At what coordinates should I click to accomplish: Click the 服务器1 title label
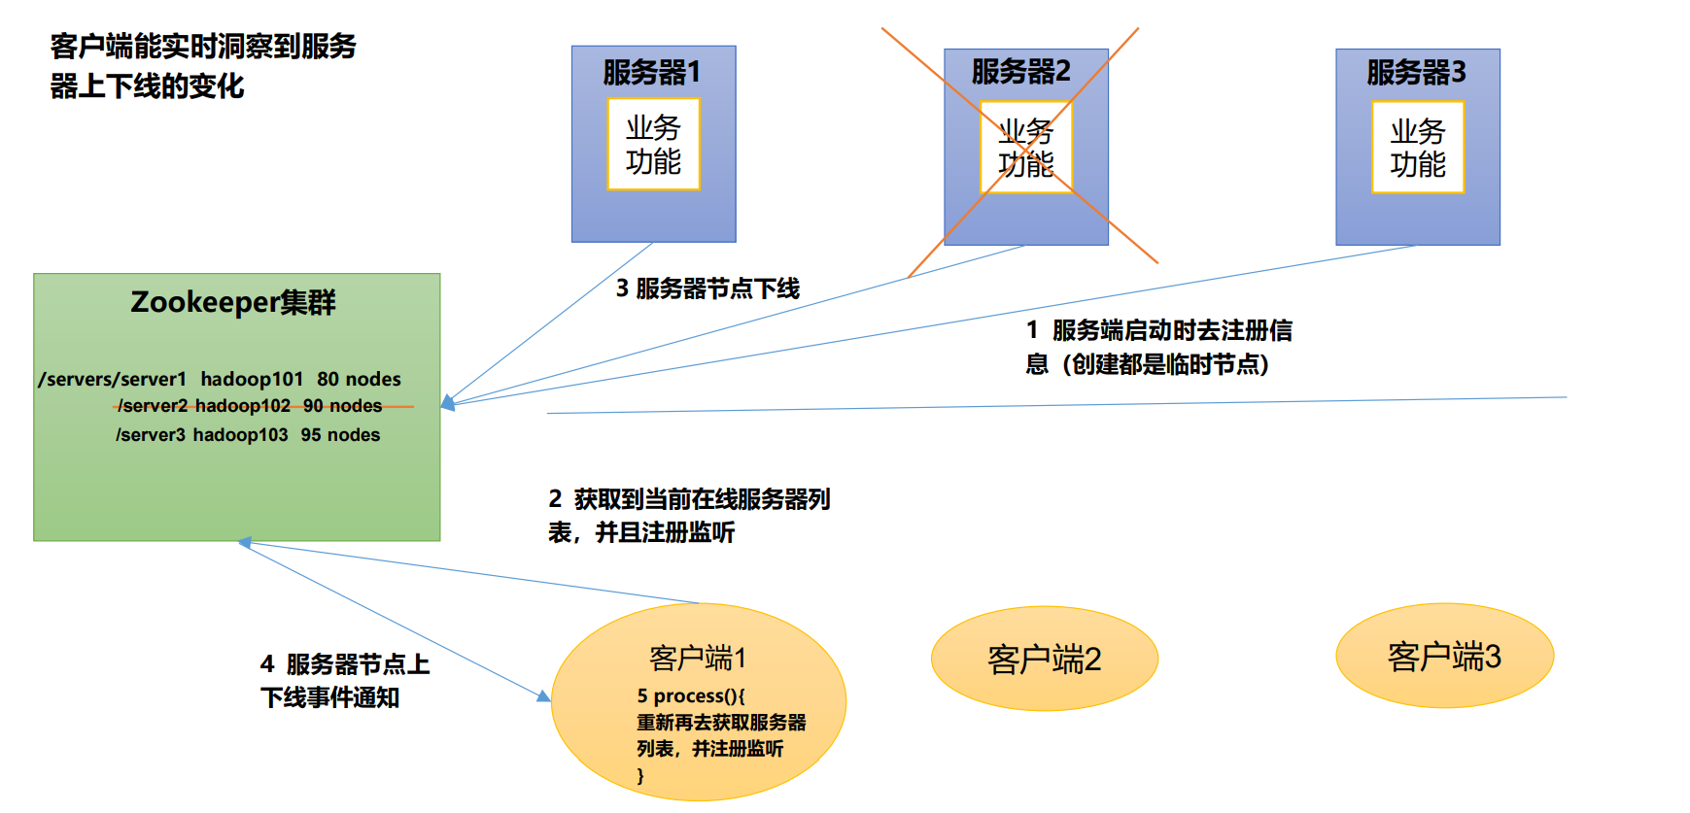tap(651, 72)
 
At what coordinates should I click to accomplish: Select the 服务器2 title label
tap(1020, 71)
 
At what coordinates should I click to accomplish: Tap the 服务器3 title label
tap(1416, 72)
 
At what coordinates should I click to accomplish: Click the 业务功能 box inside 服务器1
tap(653, 144)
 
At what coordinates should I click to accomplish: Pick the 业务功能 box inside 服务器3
tap(1417, 147)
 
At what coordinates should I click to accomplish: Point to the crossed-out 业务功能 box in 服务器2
tap(1025, 147)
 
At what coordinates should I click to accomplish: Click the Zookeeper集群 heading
tap(233, 302)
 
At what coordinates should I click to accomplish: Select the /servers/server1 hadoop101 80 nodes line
tap(220, 379)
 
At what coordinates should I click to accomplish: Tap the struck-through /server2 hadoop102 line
tap(250, 406)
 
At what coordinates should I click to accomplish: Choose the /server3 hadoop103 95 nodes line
tap(248, 435)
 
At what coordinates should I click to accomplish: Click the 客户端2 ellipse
tap(1044, 660)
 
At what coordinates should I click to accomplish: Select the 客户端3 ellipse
tap(1444, 657)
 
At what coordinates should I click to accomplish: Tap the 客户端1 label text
tap(697, 658)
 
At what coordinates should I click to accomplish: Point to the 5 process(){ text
tap(691, 695)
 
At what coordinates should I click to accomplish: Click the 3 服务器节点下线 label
tap(707, 288)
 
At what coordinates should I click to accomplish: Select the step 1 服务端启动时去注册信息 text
tap(1158, 347)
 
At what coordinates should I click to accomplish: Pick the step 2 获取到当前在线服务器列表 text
tap(688, 515)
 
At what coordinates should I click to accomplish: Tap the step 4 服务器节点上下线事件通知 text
tap(344, 680)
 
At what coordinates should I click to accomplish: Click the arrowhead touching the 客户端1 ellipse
tap(543, 695)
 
